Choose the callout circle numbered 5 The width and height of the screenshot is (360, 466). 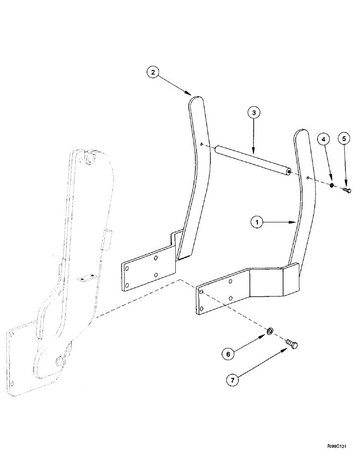(346, 139)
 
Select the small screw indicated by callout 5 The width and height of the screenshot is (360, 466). (346, 190)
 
